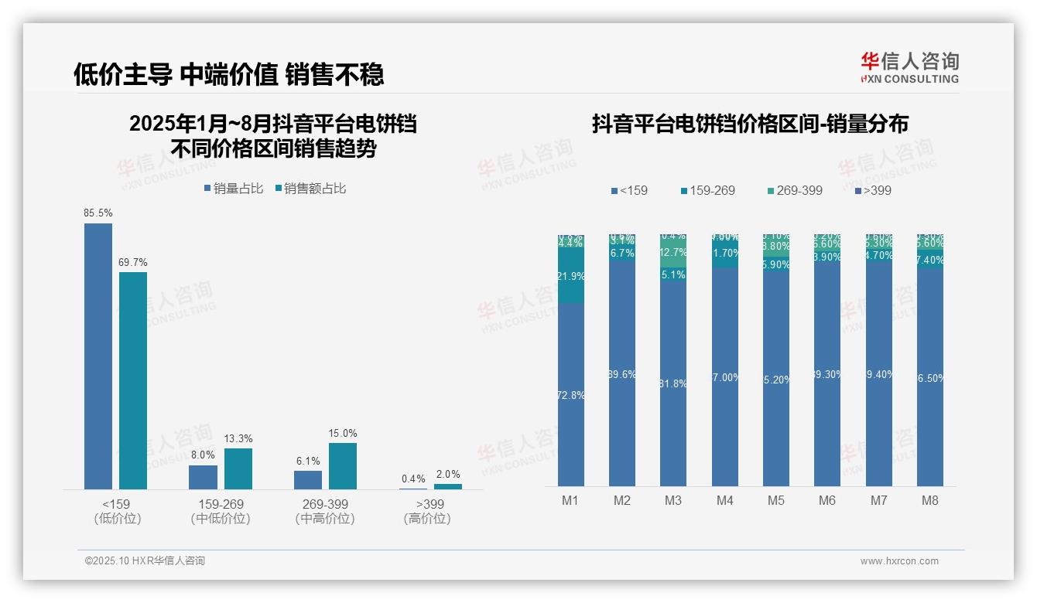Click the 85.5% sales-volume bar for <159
click(x=98, y=356)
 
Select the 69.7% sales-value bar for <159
click(x=133, y=380)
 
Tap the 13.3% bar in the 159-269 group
click(x=238, y=468)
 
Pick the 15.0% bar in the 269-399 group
click(x=343, y=465)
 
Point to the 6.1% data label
click(x=308, y=461)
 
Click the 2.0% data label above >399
click(x=448, y=475)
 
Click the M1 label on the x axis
click(x=570, y=500)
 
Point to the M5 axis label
click(x=776, y=500)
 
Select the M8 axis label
click(x=930, y=500)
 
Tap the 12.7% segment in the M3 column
click(x=673, y=253)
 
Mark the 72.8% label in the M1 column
click(x=570, y=395)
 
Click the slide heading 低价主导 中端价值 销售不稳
click(x=228, y=74)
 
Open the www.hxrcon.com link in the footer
click(x=899, y=561)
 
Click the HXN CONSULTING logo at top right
click(x=909, y=68)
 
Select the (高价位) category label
click(x=427, y=519)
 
